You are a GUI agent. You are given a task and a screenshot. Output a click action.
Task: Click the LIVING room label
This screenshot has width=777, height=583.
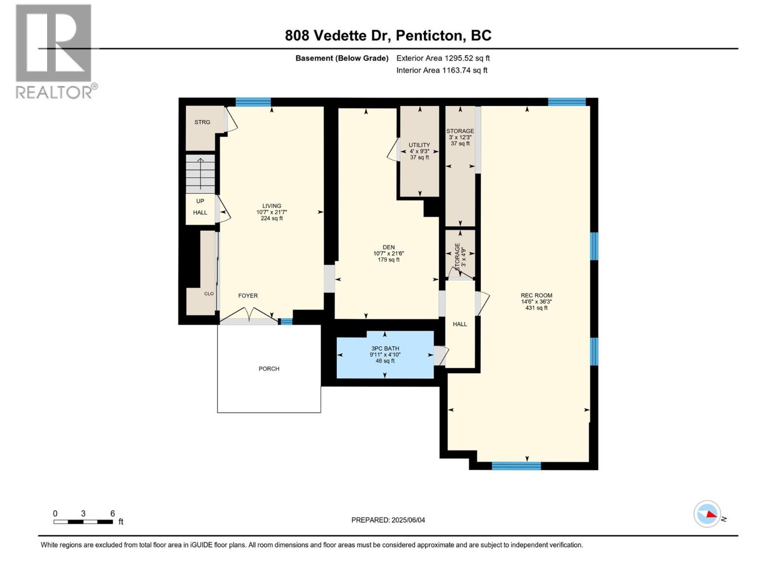[271, 206]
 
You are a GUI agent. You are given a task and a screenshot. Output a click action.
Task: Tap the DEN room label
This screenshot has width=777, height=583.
[388, 247]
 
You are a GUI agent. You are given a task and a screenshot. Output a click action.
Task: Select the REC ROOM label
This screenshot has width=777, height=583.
[536, 295]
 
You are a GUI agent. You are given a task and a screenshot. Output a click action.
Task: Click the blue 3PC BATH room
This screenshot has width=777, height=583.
[385, 355]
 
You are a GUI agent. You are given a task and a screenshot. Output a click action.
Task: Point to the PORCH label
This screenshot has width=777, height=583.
[269, 369]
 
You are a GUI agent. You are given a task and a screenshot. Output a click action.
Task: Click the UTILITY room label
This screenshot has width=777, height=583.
[419, 145]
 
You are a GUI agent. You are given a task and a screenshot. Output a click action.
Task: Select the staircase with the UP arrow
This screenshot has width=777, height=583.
[200, 174]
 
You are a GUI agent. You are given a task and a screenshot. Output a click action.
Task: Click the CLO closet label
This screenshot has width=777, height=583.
[209, 293]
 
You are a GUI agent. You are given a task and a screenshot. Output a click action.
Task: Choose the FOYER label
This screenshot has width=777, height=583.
[248, 295]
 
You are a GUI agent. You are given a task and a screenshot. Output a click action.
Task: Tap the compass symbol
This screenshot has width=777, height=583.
[707, 514]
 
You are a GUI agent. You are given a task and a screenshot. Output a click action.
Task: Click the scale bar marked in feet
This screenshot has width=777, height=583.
[84, 521]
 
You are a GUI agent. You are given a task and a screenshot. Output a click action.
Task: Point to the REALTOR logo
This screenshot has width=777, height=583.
[54, 51]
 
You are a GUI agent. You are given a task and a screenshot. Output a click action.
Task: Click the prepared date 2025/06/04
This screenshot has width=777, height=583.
[388, 520]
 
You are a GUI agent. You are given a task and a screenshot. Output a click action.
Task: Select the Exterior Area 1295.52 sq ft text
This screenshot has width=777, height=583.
[442, 58]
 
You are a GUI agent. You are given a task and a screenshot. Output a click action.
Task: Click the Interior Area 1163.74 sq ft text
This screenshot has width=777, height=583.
[441, 70]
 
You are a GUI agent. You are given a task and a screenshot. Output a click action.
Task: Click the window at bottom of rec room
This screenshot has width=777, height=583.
[516, 466]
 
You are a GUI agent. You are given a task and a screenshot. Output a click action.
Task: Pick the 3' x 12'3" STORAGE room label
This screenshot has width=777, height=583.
[460, 131]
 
